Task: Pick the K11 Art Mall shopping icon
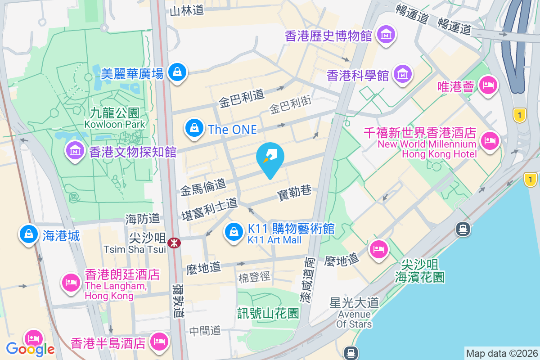(234, 233)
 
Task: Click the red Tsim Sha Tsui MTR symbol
(173, 243)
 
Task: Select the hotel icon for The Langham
(71, 283)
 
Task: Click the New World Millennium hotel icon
(489, 140)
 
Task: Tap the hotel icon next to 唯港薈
(489, 85)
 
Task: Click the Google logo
(30, 349)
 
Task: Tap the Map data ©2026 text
(502, 353)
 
